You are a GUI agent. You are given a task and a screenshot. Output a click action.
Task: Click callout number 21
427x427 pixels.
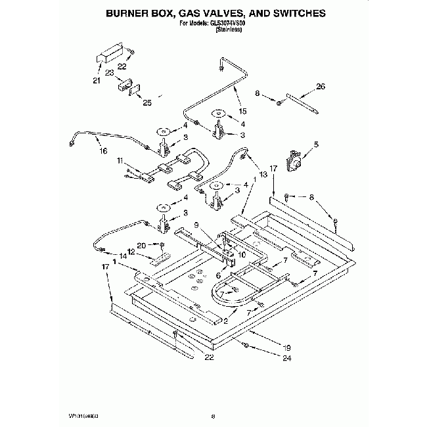pyautogui.click(x=97, y=81)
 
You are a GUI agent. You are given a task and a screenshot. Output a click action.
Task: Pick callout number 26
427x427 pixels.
pyautogui.click(x=321, y=87)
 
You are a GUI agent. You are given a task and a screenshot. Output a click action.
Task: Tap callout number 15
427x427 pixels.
pyautogui.click(x=242, y=110)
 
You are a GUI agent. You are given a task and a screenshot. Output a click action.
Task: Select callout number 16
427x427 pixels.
pyautogui.click(x=102, y=151)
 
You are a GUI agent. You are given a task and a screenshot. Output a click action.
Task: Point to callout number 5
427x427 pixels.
pyautogui.click(x=316, y=145)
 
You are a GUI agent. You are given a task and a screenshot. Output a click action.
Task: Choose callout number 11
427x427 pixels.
pyautogui.click(x=120, y=160)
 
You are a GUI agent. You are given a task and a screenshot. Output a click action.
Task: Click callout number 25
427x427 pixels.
pyautogui.click(x=147, y=102)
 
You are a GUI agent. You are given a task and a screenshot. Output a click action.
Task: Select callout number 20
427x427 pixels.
pyautogui.click(x=141, y=245)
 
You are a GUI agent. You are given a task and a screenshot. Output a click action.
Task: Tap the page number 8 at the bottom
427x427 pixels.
pyautogui.click(x=213, y=416)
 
